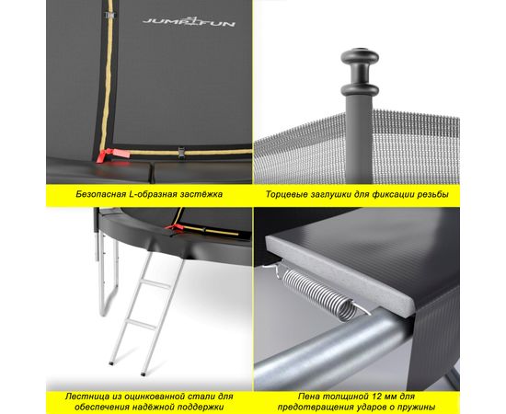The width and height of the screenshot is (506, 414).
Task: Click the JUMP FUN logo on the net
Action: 189,22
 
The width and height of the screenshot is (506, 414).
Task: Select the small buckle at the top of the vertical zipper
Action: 110,15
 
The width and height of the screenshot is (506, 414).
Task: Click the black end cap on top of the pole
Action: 360,73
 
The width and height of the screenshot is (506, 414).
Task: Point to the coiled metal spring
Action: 318,293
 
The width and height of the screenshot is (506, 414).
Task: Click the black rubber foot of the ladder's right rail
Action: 143,374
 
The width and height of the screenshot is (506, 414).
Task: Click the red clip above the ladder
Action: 175,227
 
